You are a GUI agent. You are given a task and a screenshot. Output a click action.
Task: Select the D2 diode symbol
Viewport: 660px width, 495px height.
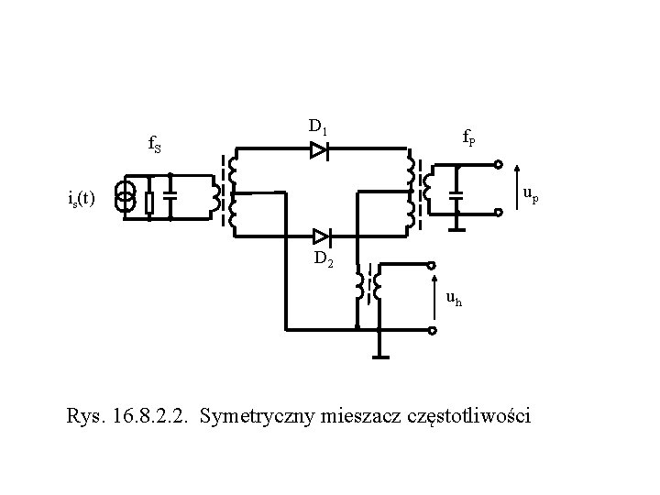[x=319, y=236]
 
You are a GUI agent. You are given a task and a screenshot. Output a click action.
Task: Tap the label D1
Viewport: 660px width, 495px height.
[x=318, y=126]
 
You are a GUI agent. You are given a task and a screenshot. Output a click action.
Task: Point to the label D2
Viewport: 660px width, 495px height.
[x=324, y=259]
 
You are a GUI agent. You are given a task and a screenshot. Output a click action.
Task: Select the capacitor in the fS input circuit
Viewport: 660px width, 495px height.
[x=170, y=196]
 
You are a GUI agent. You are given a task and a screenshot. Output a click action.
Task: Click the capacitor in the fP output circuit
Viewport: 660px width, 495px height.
[x=457, y=194]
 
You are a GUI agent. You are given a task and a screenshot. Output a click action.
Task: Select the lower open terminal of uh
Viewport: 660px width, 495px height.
[x=434, y=328]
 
